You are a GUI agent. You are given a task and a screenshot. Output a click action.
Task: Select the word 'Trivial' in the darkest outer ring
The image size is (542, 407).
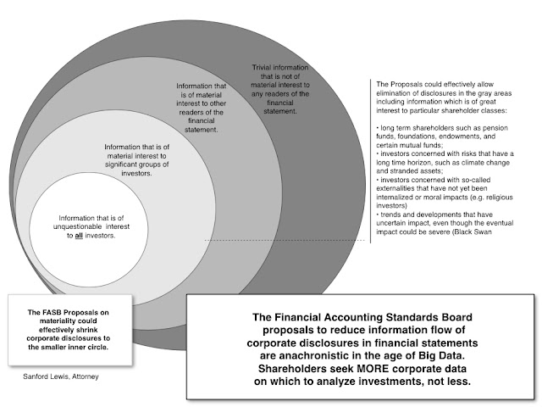[268, 67]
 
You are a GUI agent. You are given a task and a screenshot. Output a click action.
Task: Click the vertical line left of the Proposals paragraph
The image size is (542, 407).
[369, 161]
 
